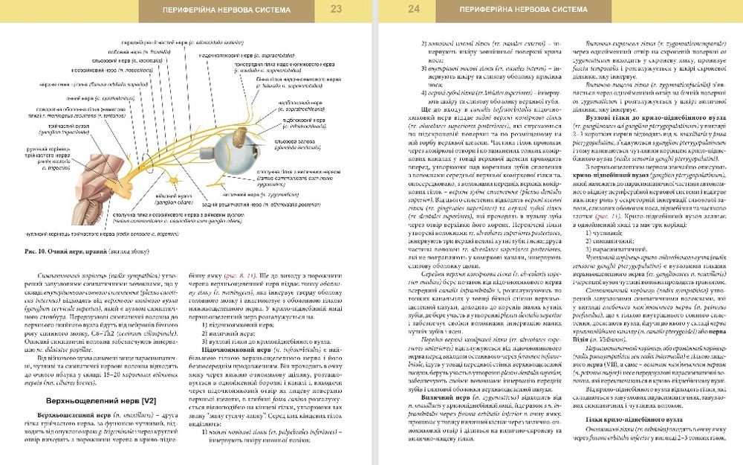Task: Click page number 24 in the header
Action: tap(414, 10)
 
